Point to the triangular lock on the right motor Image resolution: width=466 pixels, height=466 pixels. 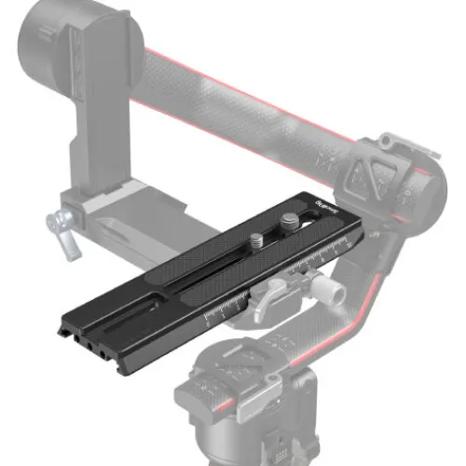tap(377, 178)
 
